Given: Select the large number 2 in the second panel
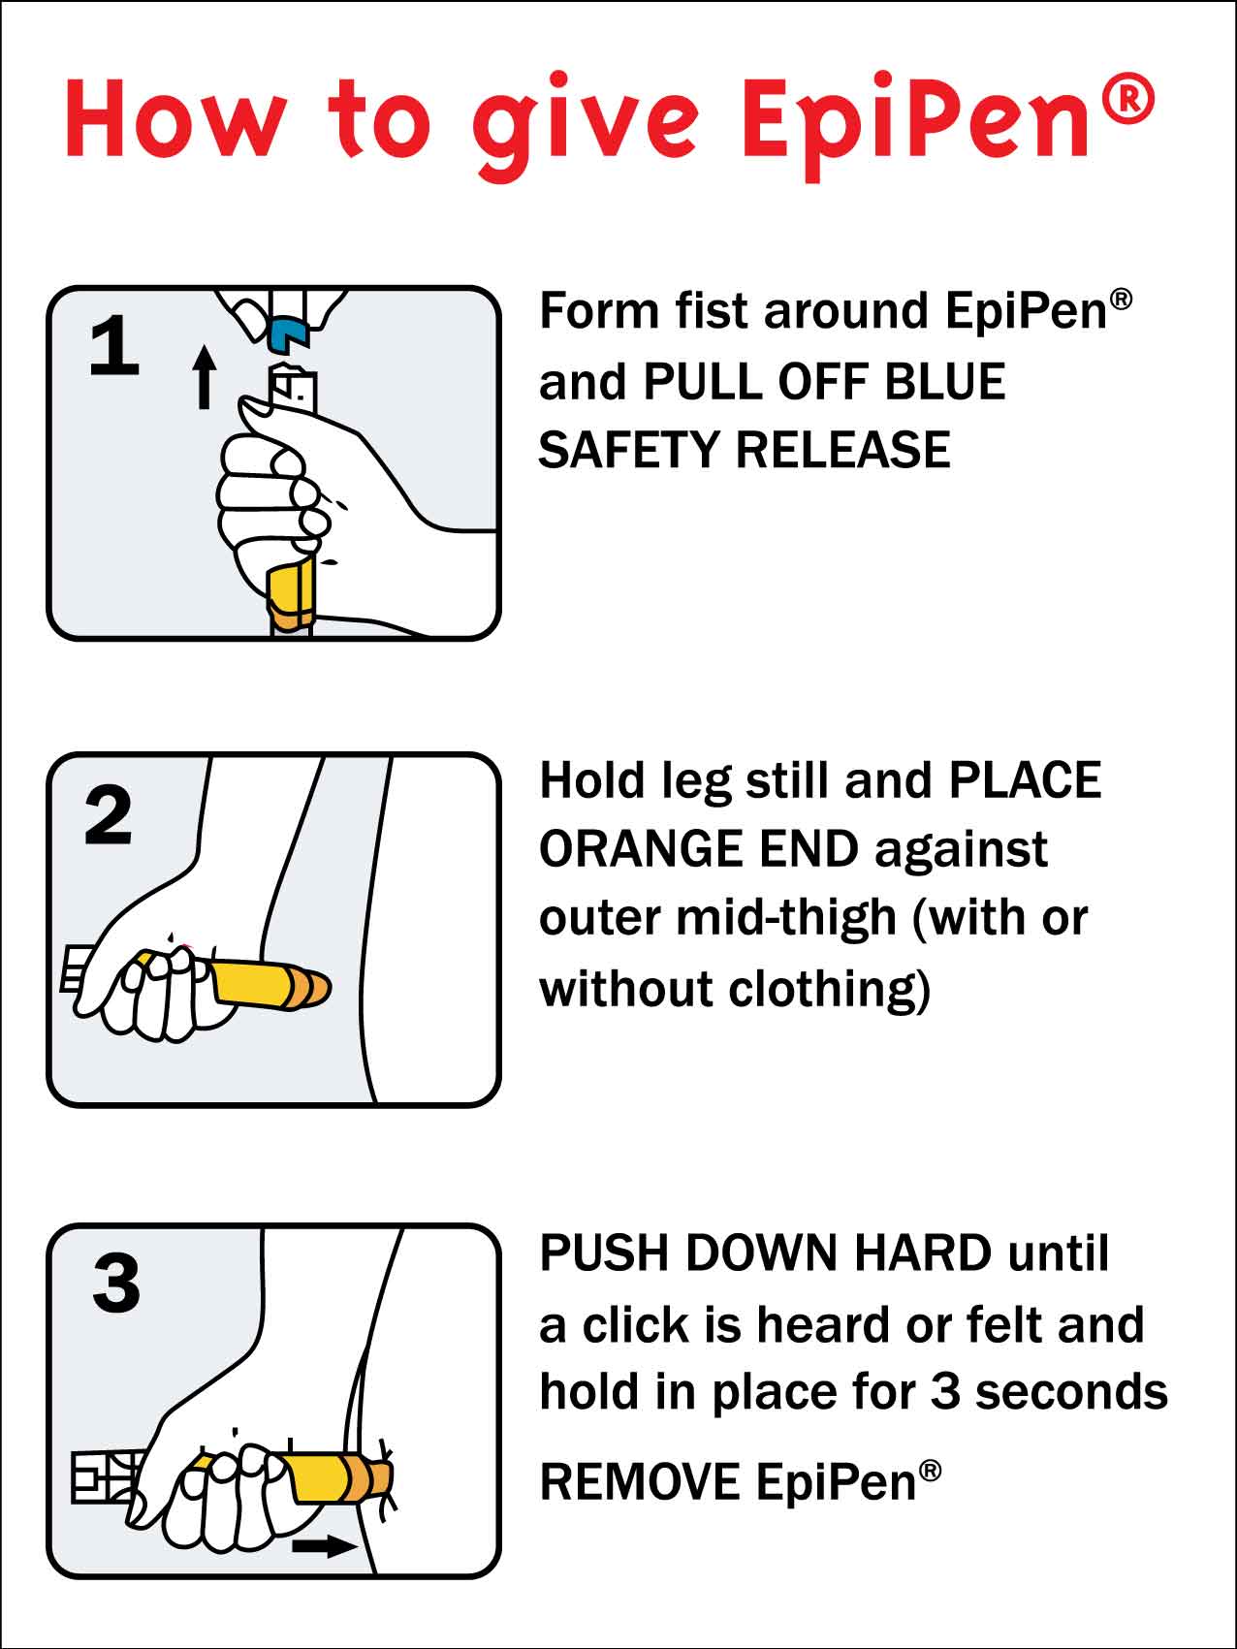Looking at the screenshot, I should [109, 815].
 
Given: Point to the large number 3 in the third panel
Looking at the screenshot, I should [116, 1284].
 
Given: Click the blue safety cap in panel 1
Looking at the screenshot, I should [287, 333].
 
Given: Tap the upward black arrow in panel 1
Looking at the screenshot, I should [204, 377].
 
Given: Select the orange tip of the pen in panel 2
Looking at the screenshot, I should [310, 988].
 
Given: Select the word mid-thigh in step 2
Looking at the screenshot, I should [786, 917].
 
